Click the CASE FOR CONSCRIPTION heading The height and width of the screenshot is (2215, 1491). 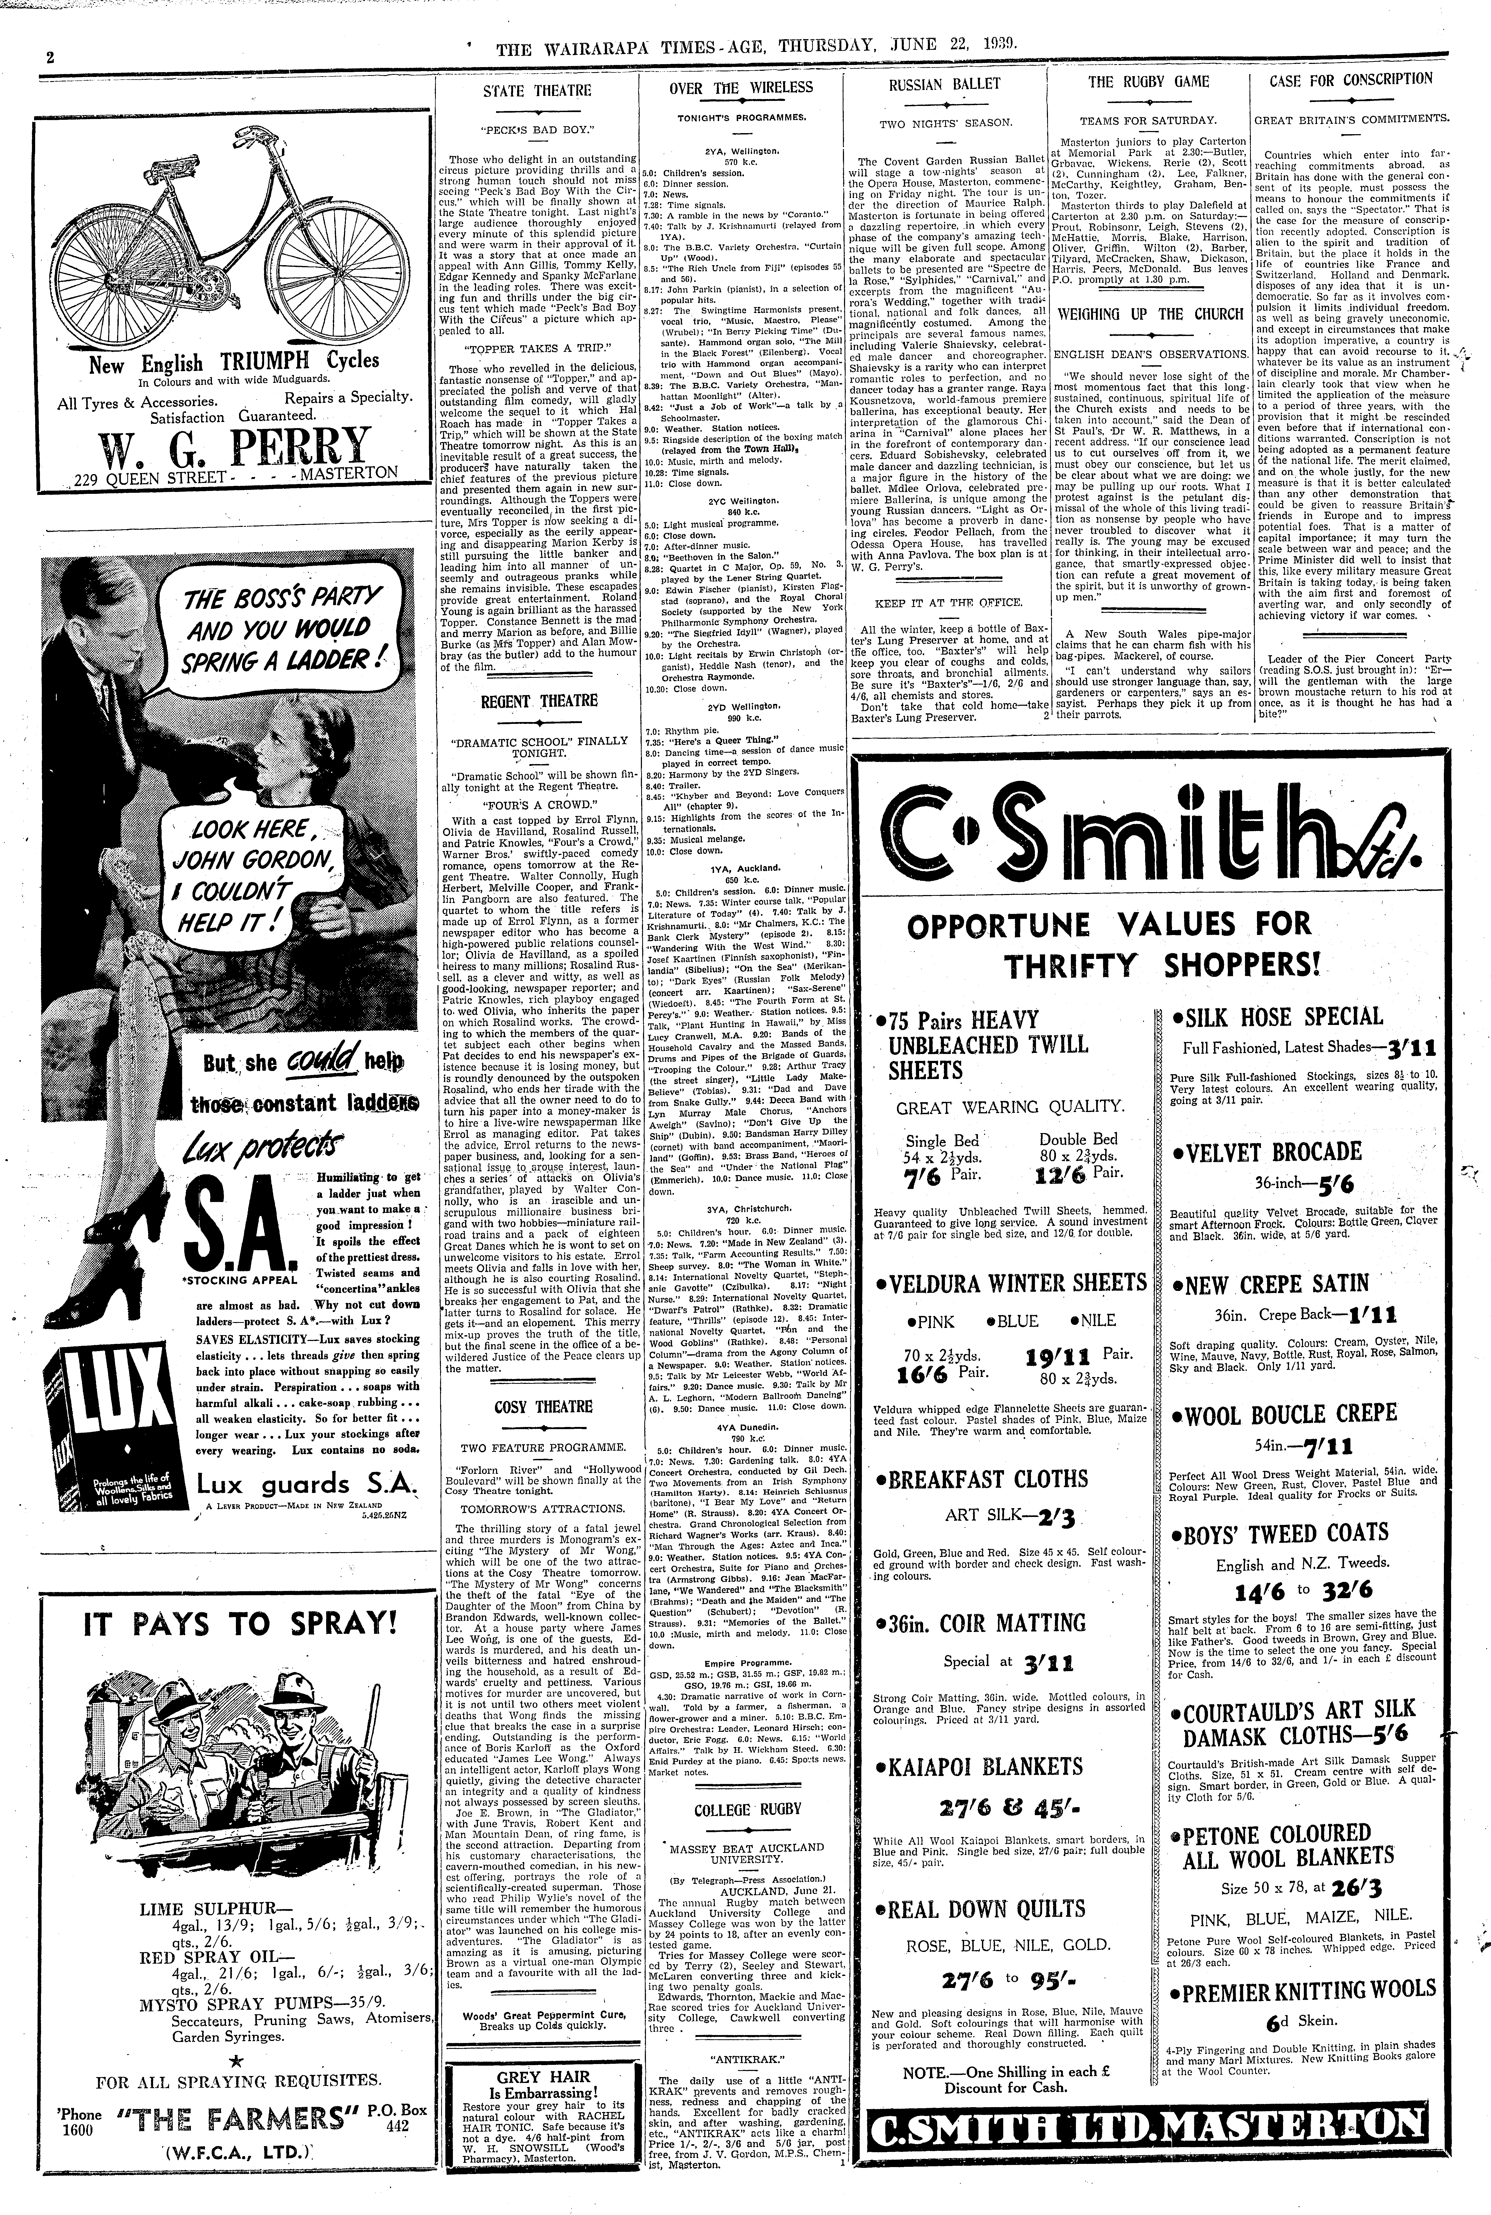(1351, 80)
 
